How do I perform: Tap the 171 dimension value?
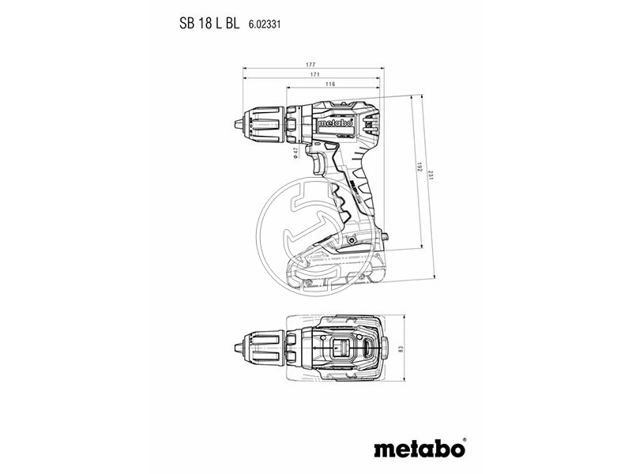coord(314,74)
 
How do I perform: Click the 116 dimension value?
coord(329,84)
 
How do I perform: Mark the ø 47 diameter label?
coord(295,152)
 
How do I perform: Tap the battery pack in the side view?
coord(344,265)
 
